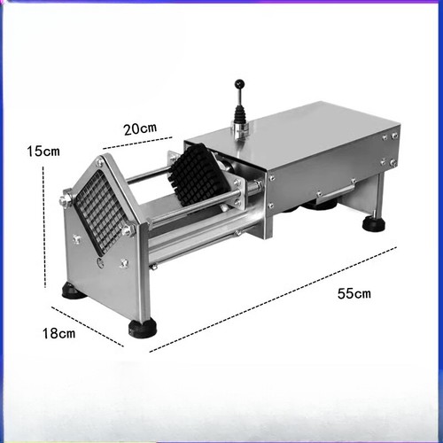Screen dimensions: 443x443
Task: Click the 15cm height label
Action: (x=43, y=152)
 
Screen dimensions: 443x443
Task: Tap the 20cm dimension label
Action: (x=140, y=128)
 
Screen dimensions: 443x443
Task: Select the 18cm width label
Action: (x=58, y=333)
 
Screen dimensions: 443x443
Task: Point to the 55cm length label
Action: (x=354, y=293)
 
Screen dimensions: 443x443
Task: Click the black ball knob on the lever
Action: (x=238, y=85)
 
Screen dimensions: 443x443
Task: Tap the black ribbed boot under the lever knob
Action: (x=239, y=114)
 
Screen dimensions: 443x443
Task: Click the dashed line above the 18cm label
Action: (x=86, y=326)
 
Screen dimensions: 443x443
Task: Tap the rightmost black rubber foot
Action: (x=374, y=223)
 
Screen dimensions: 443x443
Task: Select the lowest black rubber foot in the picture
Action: (x=142, y=329)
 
